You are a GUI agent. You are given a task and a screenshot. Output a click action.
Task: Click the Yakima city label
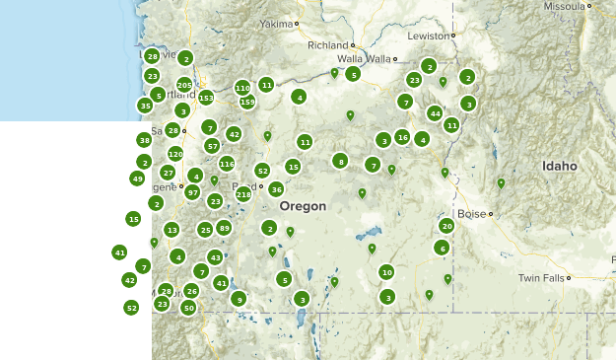click(276, 23)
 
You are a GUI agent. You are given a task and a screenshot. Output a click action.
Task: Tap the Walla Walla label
click(366, 59)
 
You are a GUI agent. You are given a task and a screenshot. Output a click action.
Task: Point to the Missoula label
click(564, 6)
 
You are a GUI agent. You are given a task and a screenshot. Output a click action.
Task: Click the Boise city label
click(472, 213)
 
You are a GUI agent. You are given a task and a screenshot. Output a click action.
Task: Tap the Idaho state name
click(559, 166)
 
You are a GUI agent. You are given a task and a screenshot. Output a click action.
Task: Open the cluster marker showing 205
click(184, 85)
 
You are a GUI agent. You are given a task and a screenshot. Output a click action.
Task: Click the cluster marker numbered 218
click(243, 194)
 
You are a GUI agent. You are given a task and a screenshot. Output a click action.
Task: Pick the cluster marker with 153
click(206, 98)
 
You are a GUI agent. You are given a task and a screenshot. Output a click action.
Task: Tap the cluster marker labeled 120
click(175, 154)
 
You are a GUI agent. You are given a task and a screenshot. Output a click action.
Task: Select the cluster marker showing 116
click(227, 164)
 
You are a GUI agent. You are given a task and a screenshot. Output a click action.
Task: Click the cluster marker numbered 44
click(435, 113)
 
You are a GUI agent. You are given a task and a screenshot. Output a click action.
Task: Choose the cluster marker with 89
click(225, 228)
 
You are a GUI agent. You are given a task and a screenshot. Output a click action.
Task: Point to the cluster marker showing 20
click(446, 226)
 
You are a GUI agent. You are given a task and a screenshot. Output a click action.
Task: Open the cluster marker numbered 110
click(242, 88)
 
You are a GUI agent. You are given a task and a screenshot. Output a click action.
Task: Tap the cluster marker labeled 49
click(137, 179)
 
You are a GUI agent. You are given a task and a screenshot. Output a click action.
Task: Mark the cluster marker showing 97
click(192, 192)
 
